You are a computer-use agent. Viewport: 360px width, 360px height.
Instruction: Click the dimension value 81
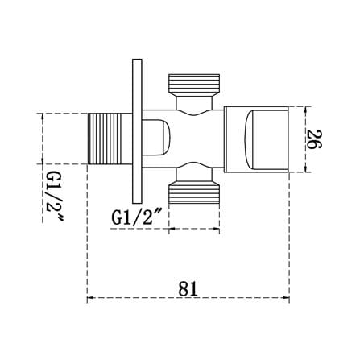(x=188, y=289)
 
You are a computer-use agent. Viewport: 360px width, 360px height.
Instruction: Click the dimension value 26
(x=314, y=139)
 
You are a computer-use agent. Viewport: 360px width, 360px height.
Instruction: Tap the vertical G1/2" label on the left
(x=55, y=197)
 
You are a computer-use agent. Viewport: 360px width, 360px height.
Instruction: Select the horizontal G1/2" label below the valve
(x=136, y=217)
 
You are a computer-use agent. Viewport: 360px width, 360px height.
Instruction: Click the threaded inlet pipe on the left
(x=110, y=139)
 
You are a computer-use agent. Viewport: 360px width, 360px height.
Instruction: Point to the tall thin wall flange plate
(x=137, y=131)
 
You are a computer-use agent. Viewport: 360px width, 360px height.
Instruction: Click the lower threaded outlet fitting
(x=194, y=192)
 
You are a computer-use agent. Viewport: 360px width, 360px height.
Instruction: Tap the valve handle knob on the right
(x=256, y=139)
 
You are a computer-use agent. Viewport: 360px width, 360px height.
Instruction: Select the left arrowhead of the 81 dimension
(x=90, y=298)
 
